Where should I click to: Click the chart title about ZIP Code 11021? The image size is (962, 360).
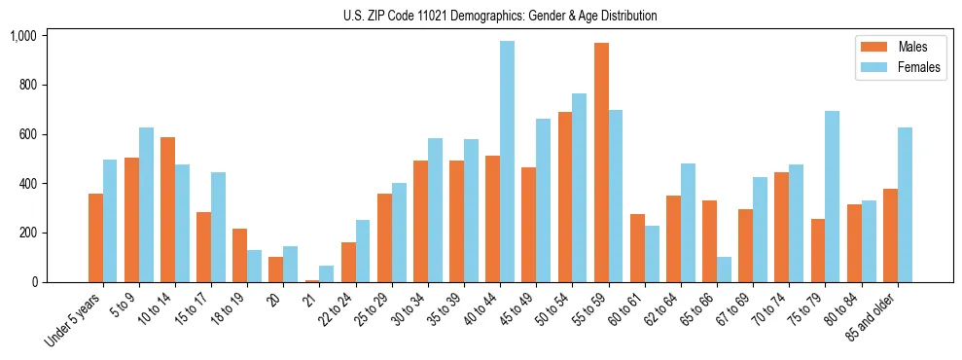click(x=500, y=16)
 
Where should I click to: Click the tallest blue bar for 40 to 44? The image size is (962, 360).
click(x=507, y=162)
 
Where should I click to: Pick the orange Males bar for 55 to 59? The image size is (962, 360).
click(x=601, y=162)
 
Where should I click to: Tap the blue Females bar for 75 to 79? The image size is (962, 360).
click(x=832, y=197)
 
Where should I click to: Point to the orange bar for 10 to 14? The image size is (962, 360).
click(x=167, y=209)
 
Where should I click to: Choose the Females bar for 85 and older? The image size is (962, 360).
click(x=904, y=204)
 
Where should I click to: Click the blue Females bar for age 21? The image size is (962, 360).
click(x=326, y=273)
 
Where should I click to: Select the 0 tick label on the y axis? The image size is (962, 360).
click(x=34, y=282)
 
